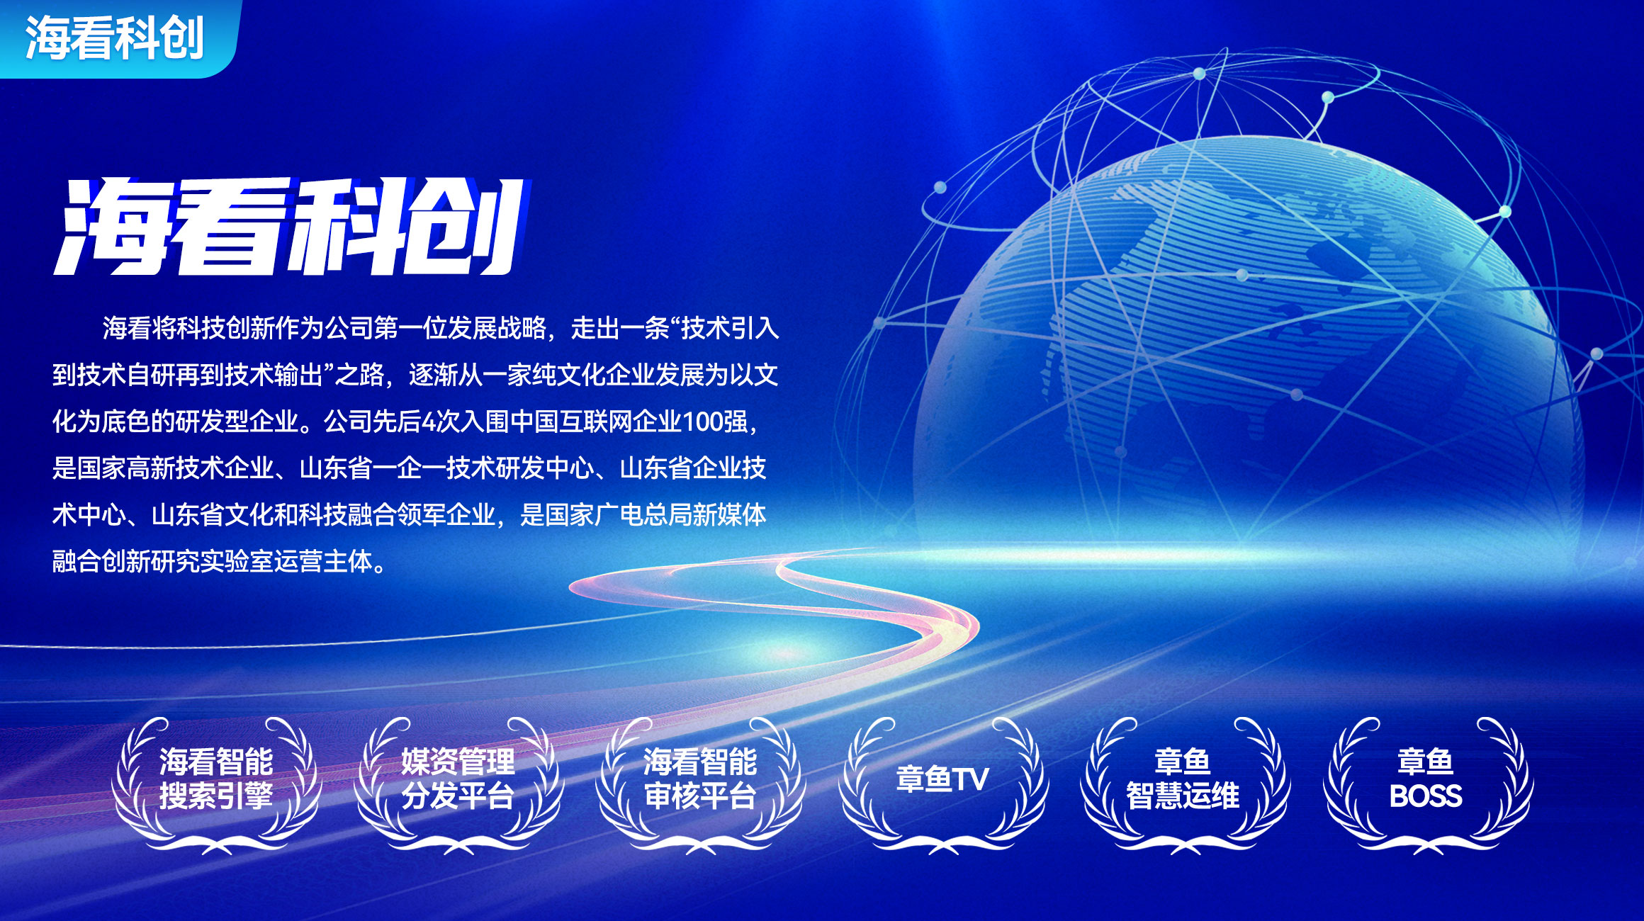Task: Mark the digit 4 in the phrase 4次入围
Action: (429, 422)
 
